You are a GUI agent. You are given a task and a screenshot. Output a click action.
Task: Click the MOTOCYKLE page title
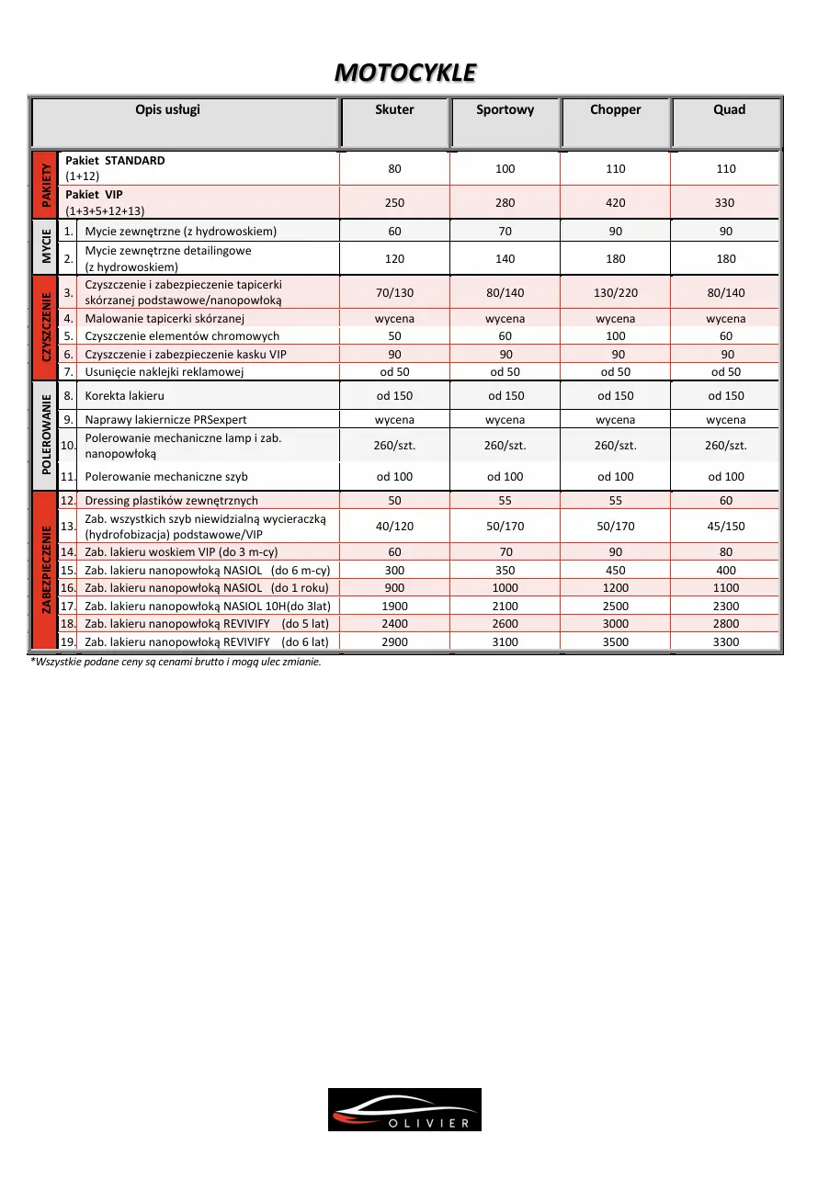pyautogui.click(x=405, y=72)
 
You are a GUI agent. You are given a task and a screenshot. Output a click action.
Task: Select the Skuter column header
pyautogui.click(x=394, y=110)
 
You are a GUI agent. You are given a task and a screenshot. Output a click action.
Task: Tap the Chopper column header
pyautogui.click(x=615, y=110)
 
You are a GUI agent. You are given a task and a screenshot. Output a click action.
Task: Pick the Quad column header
pyautogui.click(x=729, y=110)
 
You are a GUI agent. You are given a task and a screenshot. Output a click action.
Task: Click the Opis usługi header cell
pyautogui.click(x=167, y=110)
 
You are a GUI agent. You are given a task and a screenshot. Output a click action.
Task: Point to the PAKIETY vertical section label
pyautogui.click(x=44, y=186)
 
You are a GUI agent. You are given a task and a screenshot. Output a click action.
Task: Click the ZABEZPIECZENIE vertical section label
pyautogui.click(x=44, y=572)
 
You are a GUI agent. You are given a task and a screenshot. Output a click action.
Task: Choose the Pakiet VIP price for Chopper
pyautogui.click(x=615, y=203)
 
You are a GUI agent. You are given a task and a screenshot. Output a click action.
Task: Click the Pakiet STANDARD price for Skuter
pyautogui.click(x=394, y=169)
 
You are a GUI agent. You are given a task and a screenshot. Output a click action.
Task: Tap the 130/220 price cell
pyautogui.click(x=615, y=293)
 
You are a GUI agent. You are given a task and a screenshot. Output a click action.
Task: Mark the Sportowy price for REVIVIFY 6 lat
pyautogui.click(x=505, y=642)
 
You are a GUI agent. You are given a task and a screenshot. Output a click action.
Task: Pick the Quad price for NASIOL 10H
pyautogui.click(x=725, y=607)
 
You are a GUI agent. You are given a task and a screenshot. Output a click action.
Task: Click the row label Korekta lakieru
pyautogui.click(x=125, y=396)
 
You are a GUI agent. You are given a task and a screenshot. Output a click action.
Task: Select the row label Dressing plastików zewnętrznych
pyautogui.click(x=171, y=501)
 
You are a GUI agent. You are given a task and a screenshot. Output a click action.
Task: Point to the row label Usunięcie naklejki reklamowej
pyautogui.click(x=164, y=372)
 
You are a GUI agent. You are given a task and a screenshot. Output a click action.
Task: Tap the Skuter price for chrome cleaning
pyautogui.click(x=394, y=336)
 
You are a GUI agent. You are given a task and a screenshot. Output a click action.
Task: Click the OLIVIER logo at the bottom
pyautogui.click(x=404, y=1109)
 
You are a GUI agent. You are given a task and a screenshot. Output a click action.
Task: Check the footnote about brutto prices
pyautogui.click(x=176, y=662)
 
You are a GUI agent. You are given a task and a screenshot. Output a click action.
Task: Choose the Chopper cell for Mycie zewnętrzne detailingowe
pyautogui.click(x=615, y=259)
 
